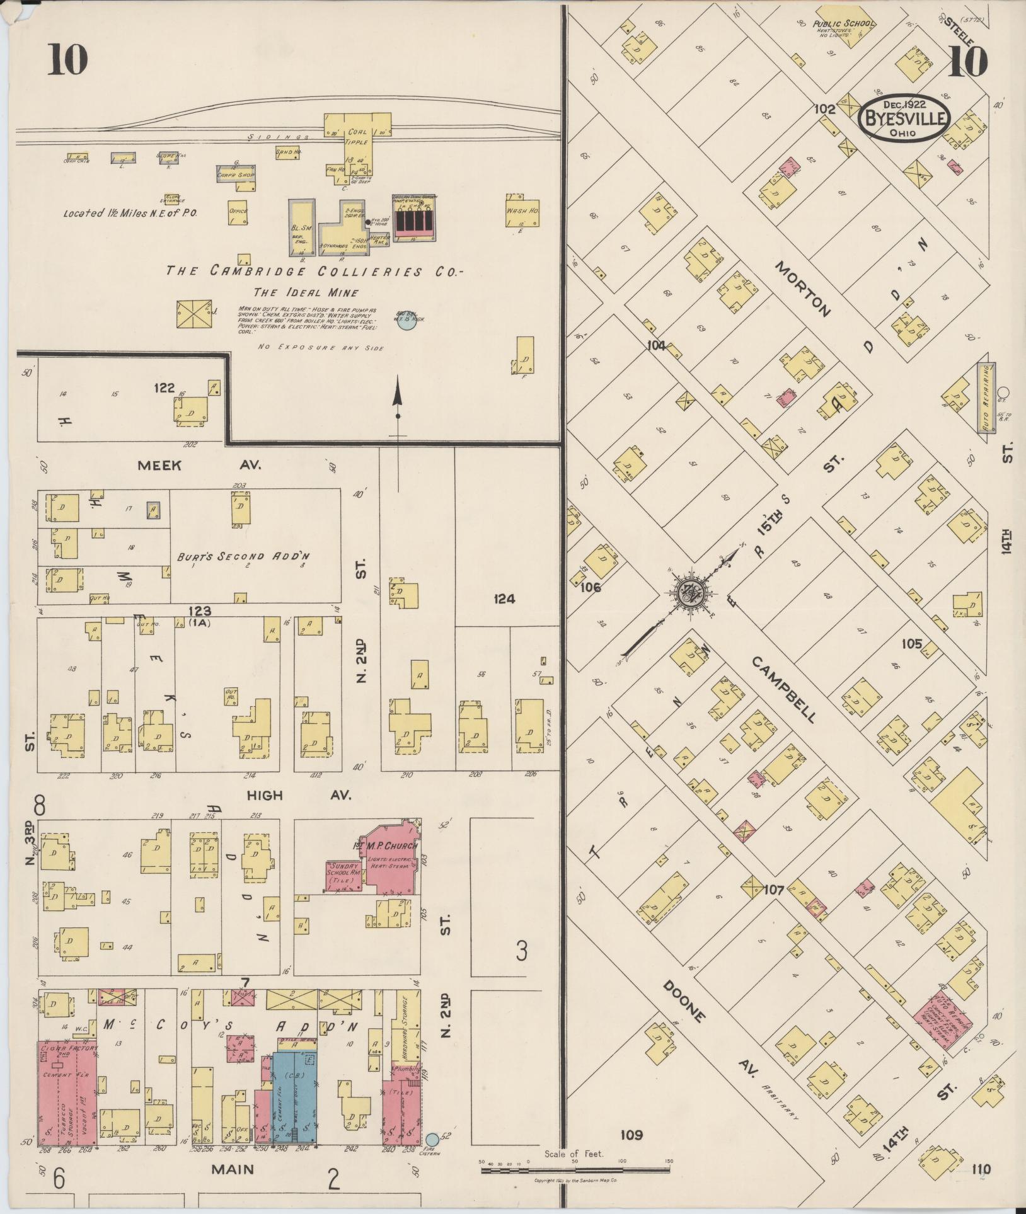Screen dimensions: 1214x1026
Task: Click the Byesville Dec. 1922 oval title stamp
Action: click(904, 117)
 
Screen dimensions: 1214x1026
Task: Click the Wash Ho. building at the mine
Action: click(522, 212)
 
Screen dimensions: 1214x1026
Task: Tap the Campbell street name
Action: click(785, 690)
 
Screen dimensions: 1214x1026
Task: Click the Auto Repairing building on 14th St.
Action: click(986, 398)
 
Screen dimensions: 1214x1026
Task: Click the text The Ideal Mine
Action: click(306, 293)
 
